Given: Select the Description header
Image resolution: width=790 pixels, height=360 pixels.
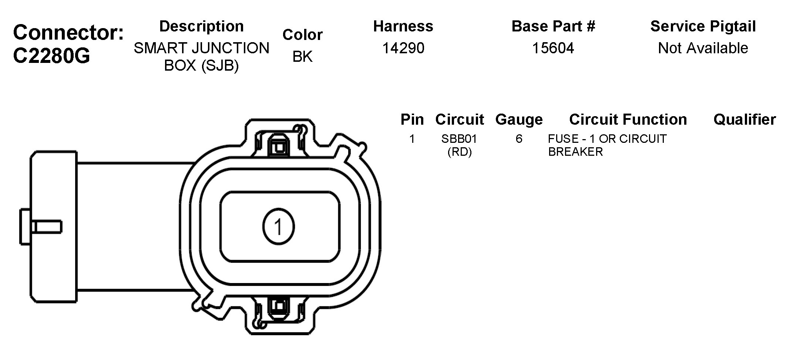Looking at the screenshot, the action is [202, 27].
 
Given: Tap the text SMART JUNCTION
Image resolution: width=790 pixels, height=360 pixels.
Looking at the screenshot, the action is [202, 48].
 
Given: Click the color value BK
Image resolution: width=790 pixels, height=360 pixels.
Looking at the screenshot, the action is [303, 57].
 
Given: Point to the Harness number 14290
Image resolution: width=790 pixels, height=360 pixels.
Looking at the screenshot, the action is [403, 48].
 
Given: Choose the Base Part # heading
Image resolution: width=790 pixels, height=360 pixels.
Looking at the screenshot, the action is [553, 26].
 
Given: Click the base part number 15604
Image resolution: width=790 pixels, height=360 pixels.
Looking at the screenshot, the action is [553, 48].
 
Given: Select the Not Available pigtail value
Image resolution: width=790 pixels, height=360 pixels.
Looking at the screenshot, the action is [703, 48].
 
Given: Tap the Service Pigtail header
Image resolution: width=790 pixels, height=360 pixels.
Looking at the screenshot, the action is [703, 27].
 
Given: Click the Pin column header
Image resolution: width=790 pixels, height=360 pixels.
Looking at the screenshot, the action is [412, 120].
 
